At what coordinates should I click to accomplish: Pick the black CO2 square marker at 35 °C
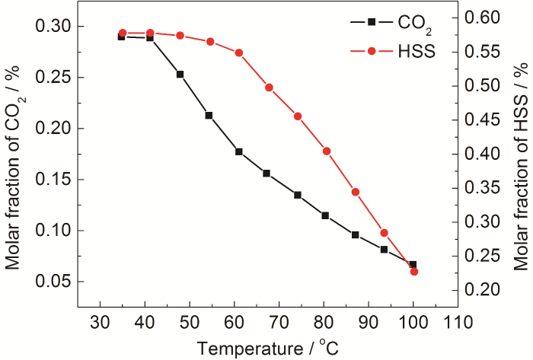click(x=121, y=37)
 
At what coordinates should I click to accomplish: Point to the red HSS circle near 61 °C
click(x=238, y=53)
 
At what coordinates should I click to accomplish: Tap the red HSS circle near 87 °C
click(x=355, y=192)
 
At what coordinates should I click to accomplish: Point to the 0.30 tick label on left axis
click(x=54, y=27)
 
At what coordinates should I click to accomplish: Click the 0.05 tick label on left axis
click(x=54, y=282)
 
